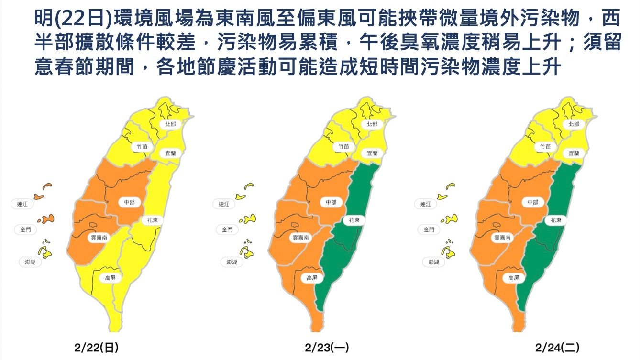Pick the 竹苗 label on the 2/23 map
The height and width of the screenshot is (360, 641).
tap(343, 146)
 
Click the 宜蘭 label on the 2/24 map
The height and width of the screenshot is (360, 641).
tap(574, 153)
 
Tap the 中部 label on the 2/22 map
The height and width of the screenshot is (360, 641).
tap(129, 202)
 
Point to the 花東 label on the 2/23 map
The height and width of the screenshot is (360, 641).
tap(354, 220)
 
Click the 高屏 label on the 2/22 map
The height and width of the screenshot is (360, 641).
tap(110, 277)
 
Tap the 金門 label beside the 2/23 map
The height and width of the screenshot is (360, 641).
tap(227, 230)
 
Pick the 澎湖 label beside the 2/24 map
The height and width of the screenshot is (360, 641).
tap(433, 262)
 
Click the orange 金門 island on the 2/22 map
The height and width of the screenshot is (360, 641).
tap(46, 219)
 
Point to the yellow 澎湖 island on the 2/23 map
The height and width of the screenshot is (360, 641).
tap(248, 251)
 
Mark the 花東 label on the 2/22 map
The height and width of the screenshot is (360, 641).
tap(153, 220)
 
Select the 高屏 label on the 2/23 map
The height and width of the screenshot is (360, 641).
tap(311, 278)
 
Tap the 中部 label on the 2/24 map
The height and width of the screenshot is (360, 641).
tap(532, 202)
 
